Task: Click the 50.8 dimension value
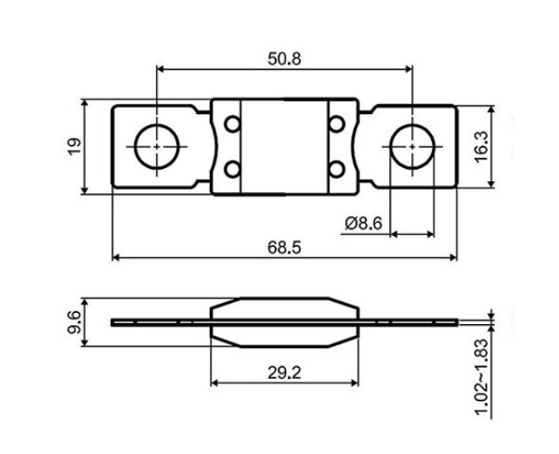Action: (284, 58)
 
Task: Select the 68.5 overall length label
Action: (284, 247)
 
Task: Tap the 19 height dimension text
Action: (74, 146)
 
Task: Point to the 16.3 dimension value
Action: (481, 147)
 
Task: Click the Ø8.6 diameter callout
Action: (363, 224)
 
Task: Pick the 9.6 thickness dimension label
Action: (74, 322)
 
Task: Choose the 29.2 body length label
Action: (284, 372)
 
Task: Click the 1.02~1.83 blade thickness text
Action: (481, 377)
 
